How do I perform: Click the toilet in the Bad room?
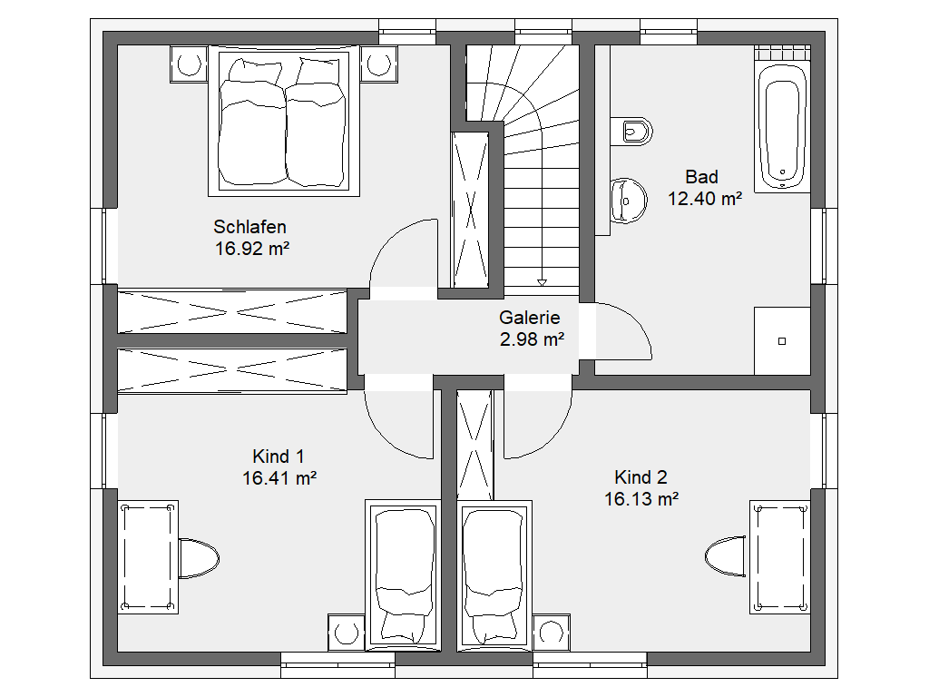click(x=631, y=131)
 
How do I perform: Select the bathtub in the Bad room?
click(x=783, y=126)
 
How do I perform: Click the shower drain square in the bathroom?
click(x=782, y=341)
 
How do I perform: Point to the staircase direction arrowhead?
click(x=542, y=283)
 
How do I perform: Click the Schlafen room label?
click(x=249, y=226)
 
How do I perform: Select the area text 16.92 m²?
click(x=252, y=249)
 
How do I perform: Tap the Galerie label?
click(x=530, y=317)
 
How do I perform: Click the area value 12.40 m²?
click(x=705, y=199)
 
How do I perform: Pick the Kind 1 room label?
click(x=278, y=456)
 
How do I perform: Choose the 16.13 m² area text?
click(x=641, y=499)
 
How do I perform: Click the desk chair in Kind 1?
click(x=199, y=558)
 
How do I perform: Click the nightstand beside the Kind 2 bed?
click(x=551, y=633)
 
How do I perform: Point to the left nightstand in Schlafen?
click(x=189, y=64)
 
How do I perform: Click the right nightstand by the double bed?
click(x=378, y=63)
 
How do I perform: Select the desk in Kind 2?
click(x=779, y=557)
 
